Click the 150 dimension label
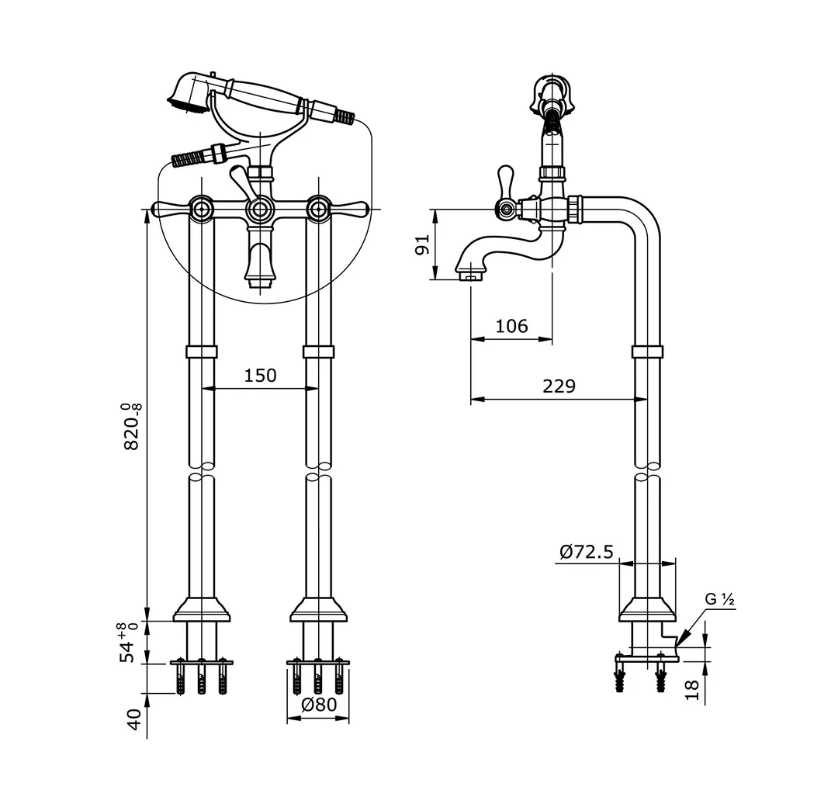pyautogui.click(x=260, y=376)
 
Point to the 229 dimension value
pyautogui.click(x=559, y=386)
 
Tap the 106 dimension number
pyautogui.click(x=511, y=326)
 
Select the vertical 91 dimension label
pyautogui.click(x=423, y=244)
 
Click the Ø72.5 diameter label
pyautogui.click(x=587, y=552)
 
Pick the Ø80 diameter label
pyautogui.click(x=320, y=705)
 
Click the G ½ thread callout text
pyautogui.click(x=719, y=599)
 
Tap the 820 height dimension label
pyautogui.click(x=132, y=427)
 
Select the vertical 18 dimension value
pyautogui.click(x=691, y=690)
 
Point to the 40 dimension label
pyautogui.click(x=134, y=719)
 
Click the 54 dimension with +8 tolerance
pyautogui.click(x=128, y=643)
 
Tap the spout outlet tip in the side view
pyautogui.click(x=470, y=276)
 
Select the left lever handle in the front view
pyautogui.click(x=170, y=209)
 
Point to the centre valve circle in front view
pyautogui.click(x=260, y=209)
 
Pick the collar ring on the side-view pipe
pyautogui.click(x=647, y=352)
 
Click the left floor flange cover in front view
pyautogui.click(x=202, y=609)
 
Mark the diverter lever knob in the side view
pyautogui.click(x=505, y=179)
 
